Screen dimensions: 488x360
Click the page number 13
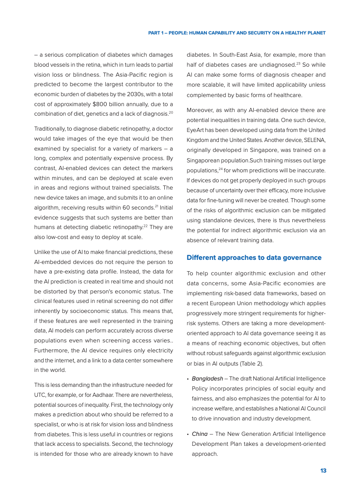323,471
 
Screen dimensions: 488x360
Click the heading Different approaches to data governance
254,258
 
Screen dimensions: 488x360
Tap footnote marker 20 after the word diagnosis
171,112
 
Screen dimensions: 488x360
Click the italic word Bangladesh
207,378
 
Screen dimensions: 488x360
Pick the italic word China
199,434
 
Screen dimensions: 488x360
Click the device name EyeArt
197,131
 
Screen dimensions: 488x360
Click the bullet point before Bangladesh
188,379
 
